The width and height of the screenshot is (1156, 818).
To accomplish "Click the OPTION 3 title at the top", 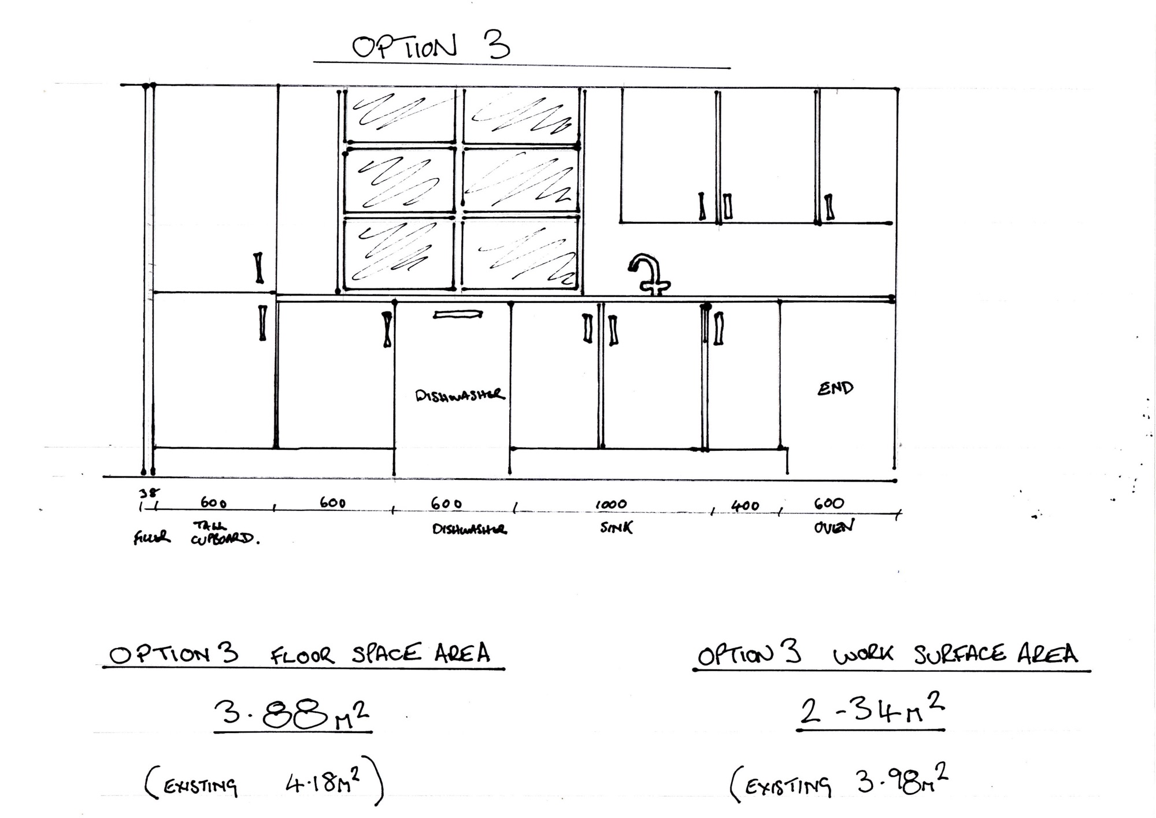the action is point(431,46).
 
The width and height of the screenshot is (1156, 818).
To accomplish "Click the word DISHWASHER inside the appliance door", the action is point(460,395).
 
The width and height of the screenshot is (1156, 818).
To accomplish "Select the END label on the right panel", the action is point(835,388).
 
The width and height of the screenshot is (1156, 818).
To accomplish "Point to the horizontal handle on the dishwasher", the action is point(458,314).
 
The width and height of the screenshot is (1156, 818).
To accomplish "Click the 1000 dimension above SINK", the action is point(611,504).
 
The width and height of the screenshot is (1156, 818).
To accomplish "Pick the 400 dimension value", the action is point(745,506).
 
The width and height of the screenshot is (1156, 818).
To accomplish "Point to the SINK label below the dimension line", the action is point(616,527).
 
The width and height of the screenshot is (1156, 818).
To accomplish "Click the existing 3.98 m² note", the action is point(839,782).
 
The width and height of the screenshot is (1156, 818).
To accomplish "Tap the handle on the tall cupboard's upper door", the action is point(259,268).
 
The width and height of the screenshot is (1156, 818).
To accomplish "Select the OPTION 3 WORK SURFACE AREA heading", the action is point(888,656).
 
